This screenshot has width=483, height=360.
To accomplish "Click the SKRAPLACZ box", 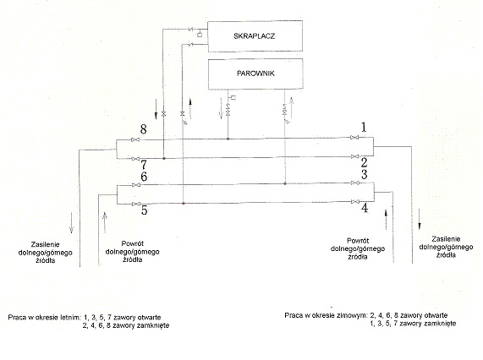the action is tap(255, 36).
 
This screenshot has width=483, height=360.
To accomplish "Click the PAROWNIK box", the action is tap(255, 74).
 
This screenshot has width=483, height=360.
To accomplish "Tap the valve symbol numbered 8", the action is tap(135, 140).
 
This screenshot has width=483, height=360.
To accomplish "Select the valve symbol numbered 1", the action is tap(354, 138).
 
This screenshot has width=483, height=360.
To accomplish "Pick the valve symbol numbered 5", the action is tap(136, 205).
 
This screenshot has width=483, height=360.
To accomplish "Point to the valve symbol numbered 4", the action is tap(355, 201).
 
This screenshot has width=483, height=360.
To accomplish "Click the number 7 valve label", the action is tap(144, 165).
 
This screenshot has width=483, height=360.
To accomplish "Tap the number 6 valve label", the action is tap(144, 177).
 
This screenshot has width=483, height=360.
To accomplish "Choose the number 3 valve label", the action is tap(364, 174).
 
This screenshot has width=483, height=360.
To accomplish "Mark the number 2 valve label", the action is tap(364, 162).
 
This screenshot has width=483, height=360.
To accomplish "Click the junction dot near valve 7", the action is tap(164, 159).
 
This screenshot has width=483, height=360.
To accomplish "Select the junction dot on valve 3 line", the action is tap(285, 183).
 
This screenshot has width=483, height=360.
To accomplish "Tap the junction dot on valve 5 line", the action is tap(184, 204).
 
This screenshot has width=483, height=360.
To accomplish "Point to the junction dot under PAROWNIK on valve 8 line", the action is tap(228, 139).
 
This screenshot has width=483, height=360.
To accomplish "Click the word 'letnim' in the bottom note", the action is tap(70, 317).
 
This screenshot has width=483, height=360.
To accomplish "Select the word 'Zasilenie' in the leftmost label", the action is tap(45, 244).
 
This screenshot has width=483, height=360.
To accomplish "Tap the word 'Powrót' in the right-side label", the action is tap(358, 241).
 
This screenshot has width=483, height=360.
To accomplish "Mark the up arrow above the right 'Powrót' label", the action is tap(386, 220).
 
